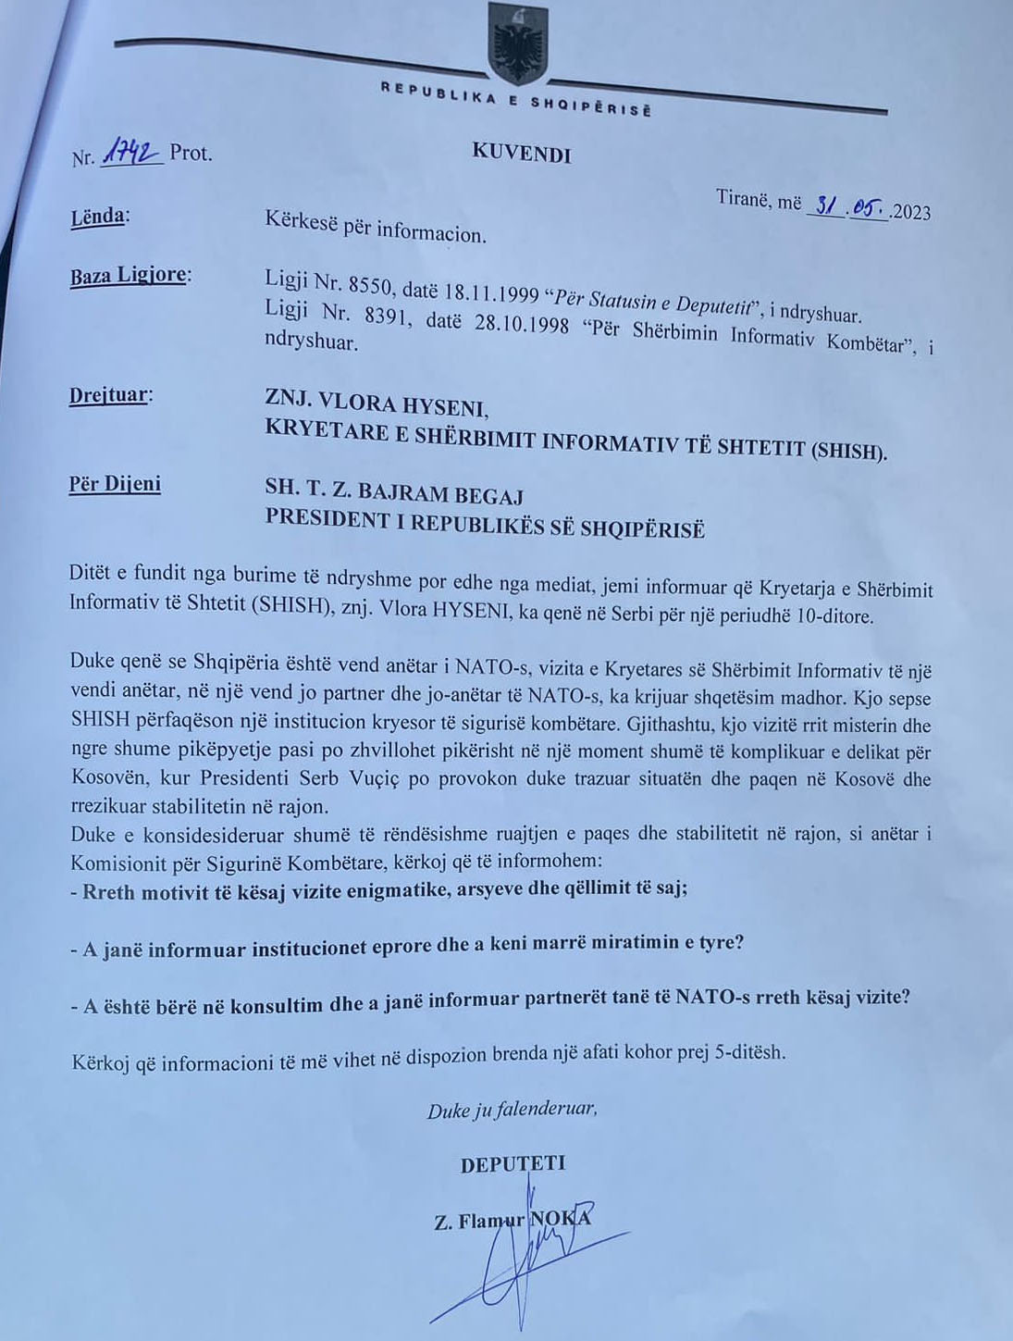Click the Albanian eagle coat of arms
pyautogui.click(x=517, y=43)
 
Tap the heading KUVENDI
pyautogui.click(x=521, y=153)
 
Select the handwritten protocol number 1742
pyautogui.click(x=131, y=153)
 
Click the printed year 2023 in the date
pyautogui.click(x=912, y=212)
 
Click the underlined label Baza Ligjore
pyautogui.click(x=128, y=275)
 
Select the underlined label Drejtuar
pyautogui.click(x=107, y=395)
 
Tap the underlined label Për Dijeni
pyautogui.click(x=115, y=483)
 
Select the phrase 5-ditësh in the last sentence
pyautogui.click(x=750, y=1054)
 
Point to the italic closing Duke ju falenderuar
pyautogui.click(x=512, y=1110)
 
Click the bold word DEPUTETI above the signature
pyautogui.click(x=513, y=1164)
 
